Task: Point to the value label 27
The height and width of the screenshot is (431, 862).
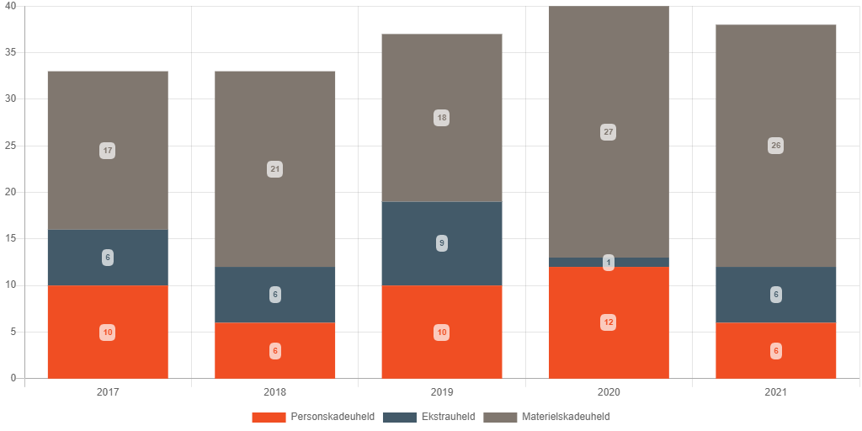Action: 609,132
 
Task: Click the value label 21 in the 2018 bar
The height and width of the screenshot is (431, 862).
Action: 275,169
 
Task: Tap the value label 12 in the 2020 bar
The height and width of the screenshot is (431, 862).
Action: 609,322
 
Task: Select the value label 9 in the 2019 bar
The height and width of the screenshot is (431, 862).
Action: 442,243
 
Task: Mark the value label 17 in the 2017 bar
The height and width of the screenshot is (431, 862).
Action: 108,151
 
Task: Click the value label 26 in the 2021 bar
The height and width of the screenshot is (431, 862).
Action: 776,146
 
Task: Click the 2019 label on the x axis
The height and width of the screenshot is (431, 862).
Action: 442,392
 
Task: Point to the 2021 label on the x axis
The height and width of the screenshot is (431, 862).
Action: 776,392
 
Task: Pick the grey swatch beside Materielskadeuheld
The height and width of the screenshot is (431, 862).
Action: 500,417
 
